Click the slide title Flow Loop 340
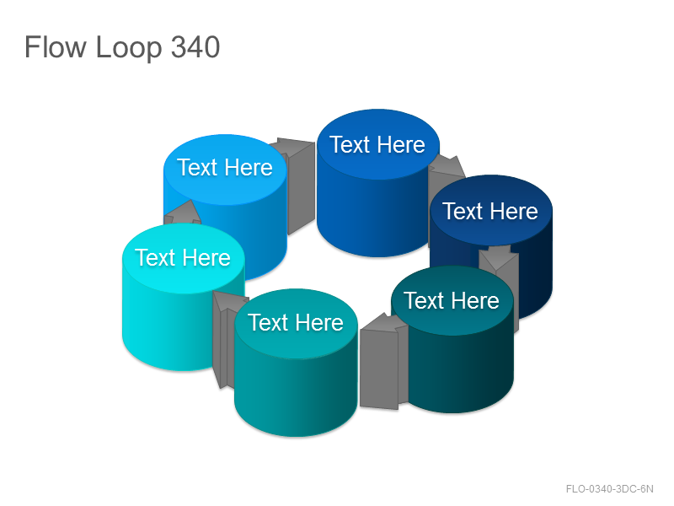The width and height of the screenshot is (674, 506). [122, 47]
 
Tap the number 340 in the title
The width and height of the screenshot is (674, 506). [195, 47]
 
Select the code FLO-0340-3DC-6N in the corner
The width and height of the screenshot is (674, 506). [609, 489]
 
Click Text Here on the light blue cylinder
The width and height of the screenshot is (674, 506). [225, 167]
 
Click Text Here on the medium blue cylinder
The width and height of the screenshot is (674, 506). [377, 144]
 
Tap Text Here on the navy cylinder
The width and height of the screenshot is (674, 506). [490, 211]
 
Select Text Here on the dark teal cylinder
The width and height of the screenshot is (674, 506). [452, 300]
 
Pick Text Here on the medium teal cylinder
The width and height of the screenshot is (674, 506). [296, 322]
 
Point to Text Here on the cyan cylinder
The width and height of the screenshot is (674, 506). [183, 257]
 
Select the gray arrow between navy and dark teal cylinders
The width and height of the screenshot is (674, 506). [499, 276]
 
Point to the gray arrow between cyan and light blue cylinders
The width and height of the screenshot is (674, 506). [182, 213]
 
